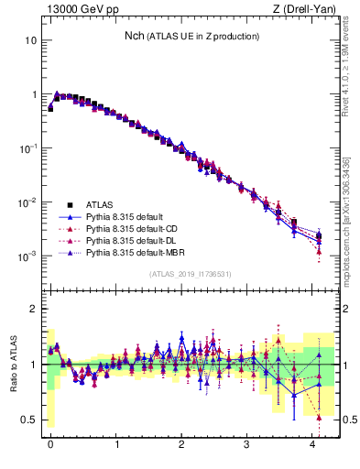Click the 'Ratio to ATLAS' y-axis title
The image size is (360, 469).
[12, 363]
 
